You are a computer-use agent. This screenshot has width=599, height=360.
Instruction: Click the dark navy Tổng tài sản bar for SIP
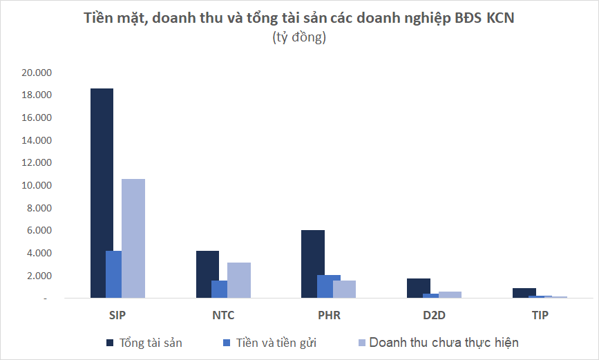pyautogui.click(x=102, y=193)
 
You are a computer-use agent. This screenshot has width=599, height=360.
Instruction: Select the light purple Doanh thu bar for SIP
pyautogui.click(x=133, y=238)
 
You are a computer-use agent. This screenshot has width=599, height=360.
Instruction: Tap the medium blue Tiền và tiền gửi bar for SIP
pyautogui.click(x=113, y=274)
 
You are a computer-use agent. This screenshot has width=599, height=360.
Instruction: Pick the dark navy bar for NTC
pyautogui.click(x=207, y=274)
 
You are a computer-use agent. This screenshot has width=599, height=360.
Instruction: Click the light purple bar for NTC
pyautogui.click(x=239, y=281)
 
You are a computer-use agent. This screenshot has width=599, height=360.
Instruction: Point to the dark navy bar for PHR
pyautogui.click(x=313, y=264)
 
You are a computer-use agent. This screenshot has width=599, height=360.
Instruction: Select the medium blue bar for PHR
pyautogui.click(x=329, y=287)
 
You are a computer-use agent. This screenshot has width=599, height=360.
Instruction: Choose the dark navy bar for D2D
pyautogui.click(x=419, y=288)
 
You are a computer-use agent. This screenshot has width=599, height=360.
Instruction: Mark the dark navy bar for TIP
pyautogui.click(x=524, y=293)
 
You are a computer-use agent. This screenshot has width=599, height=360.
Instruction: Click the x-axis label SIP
pyautogui.click(x=117, y=316)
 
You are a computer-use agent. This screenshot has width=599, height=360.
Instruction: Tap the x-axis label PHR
pyautogui.click(x=329, y=316)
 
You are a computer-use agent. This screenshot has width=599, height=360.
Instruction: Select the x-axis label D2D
pyautogui.click(x=435, y=316)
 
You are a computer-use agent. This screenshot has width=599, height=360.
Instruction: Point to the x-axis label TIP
pyautogui.click(x=540, y=316)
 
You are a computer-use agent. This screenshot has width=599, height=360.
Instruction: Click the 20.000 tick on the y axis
pyautogui.click(x=37, y=73)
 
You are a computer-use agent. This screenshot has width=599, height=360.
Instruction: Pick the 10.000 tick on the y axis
pyautogui.click(x=37, y=185)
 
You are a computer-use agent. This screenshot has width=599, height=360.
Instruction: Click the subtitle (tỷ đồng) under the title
pyautogui.click(x=299, y=38)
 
